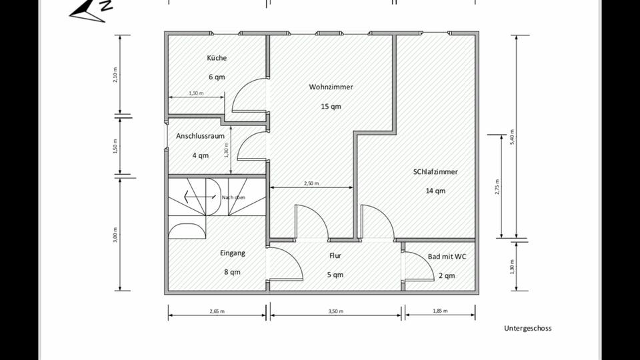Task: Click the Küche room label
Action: tap(217, 58)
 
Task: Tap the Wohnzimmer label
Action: tap(331, 87)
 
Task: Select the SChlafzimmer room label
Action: tap(435, 172)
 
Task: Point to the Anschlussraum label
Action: tap(200, 136)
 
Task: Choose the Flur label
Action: tap(335, 255)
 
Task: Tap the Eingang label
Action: tap(233, 253)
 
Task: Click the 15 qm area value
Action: tap(331, 107)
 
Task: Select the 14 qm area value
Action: tap(435, 191)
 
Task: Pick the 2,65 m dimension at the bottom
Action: tap(217, 311)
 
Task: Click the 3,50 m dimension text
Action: tap(335, 311)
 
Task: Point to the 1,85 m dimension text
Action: tap(440, 311)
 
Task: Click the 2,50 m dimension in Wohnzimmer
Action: tap(311, 183)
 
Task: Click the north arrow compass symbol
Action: tap(90, 10)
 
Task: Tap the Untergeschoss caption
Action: tap(527, 328)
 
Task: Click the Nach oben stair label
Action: tap(233, 197)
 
